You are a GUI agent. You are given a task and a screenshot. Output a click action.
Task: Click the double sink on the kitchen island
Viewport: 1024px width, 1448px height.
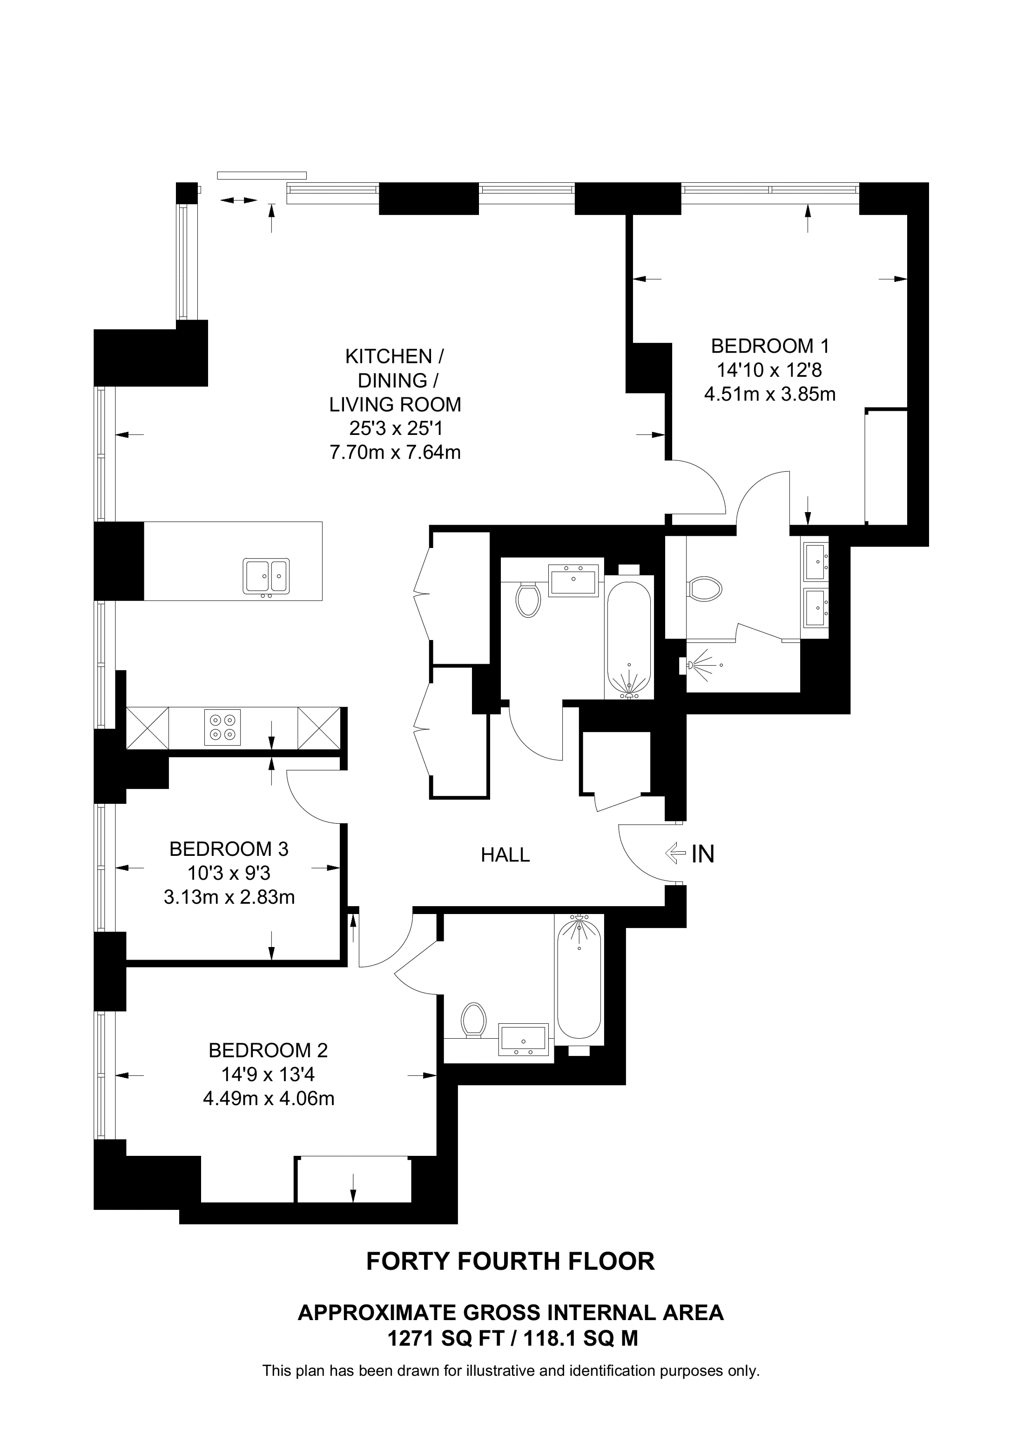click(x=266, y=576)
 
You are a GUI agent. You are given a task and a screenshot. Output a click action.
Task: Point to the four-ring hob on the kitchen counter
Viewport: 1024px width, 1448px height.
click(x=222, y=727)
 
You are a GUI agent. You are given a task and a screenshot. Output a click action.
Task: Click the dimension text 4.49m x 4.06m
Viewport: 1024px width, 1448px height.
click(x=268, y=1099)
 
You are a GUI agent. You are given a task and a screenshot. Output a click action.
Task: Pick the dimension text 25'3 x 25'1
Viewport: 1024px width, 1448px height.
click(x=396, y=428)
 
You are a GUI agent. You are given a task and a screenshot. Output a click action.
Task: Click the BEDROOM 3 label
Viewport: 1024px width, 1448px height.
click(x=229, y=849)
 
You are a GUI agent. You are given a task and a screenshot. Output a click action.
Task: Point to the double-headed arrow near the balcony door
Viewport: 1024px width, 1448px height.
click(x=238, y=200)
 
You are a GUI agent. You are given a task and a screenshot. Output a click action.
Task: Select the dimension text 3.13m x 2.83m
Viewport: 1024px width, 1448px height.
click(x=229, y=897)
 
